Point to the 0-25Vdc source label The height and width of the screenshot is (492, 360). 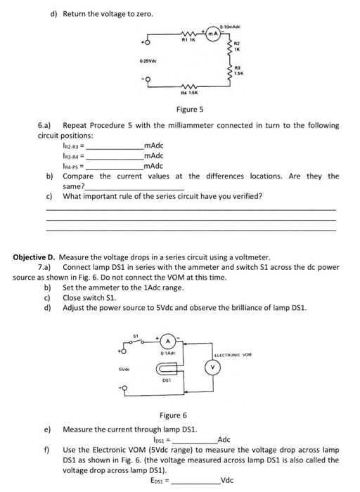click(148, 63)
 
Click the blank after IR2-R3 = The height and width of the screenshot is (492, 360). click(113, 145)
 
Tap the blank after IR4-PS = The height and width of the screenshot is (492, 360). click(113, 166)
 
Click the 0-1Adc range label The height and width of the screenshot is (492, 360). click(169, 352)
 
